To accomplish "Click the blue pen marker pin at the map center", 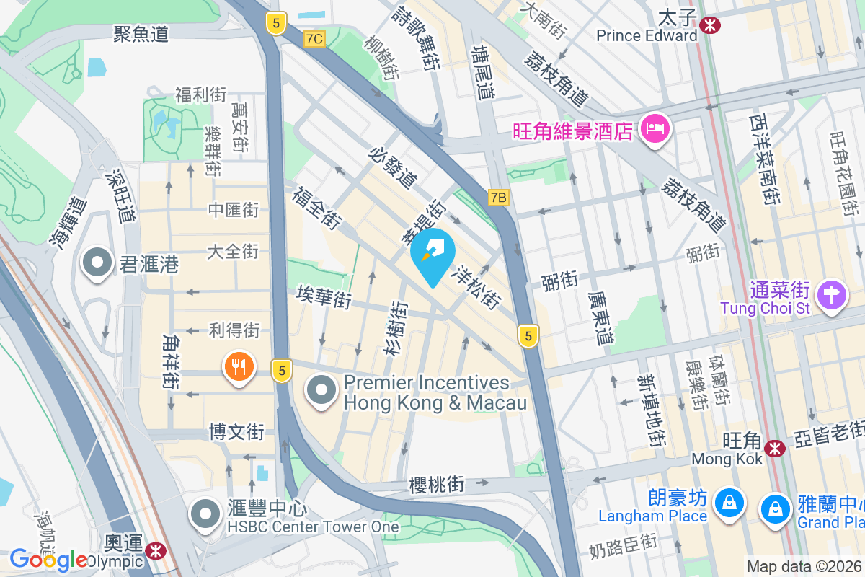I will [432, 254].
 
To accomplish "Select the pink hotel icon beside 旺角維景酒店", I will [655, 130].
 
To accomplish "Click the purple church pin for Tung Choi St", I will [832, 295].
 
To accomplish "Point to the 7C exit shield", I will [314, 39].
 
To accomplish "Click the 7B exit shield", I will [498, 197].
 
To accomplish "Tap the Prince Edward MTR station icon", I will [711, 26].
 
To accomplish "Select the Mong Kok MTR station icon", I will [776, 449].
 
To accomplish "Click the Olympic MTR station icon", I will [154, 552].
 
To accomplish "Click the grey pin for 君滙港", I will [97, 263].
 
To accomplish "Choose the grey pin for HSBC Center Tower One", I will [205, 514].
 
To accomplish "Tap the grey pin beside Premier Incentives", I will [321, 391].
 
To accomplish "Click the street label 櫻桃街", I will [433, 483].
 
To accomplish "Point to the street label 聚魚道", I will [141, 33].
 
